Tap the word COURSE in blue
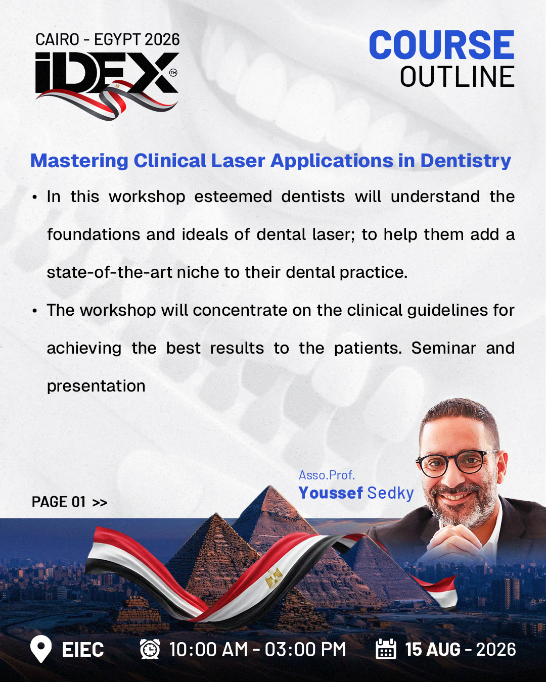click(x=441, y=45)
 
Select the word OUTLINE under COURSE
click(x=457, y=76)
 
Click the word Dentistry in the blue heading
click(x=466, y=161)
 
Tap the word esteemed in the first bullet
click(x=233, y=197)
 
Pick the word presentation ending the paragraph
click(x=96, y=386)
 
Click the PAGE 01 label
click(x=69, y=502)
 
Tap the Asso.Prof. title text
click(x=327, y=475)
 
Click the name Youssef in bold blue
click(x=331, y=493)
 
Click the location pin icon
click(x=41, y=649)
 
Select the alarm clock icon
click(x=150, y=649)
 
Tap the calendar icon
click(x=386, y=649)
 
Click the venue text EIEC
click(x=83, y=649)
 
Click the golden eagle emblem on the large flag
click(x=274, y=578)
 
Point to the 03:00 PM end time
click(x=305, y=649)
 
